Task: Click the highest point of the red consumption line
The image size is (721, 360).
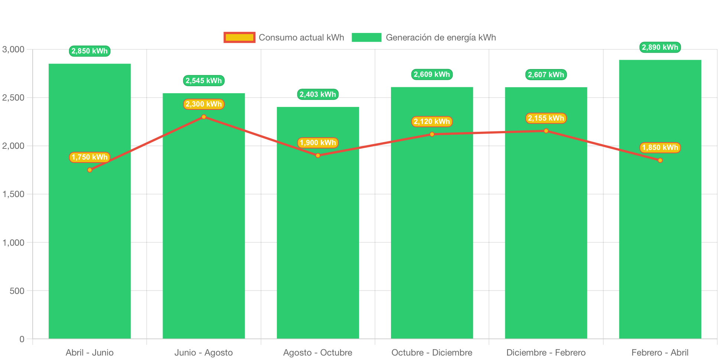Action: click(x=204, y=117)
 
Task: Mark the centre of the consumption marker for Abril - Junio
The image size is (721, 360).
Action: click(x=89, y=170)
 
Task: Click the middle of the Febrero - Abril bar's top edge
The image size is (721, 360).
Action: click(x=660, y=60)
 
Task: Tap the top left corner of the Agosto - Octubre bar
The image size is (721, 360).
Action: click(x=277, y=107)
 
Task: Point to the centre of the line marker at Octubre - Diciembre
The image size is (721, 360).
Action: click(x=432, y=134)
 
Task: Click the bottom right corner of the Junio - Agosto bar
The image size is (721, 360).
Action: click(x=245, y=339)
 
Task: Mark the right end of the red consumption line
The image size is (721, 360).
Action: click(x=660, y=160)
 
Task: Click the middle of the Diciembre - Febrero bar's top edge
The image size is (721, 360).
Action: click(x=546, y=88)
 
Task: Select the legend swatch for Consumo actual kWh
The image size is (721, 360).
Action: click(x=239, y=37)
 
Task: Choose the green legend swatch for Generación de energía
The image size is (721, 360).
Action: click(x=366, y=37)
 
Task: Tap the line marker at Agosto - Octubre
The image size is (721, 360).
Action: click(x=318, y=156)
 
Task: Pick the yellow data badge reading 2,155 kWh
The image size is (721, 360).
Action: click(x=546, y=118)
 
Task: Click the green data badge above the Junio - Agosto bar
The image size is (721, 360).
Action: click(x=204, y=81)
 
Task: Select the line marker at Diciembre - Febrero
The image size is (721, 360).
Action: click(x=546, y=131)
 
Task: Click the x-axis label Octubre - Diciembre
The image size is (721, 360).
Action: click(x=432, y=353)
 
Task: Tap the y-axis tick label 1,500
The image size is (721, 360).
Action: click(x=13, y=194)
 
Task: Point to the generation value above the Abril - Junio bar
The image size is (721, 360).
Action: click(x=89, y=51)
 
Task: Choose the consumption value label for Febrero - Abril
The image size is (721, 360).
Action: click(x=660, y=148)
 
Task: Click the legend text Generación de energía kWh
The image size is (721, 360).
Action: click(x=441, y=37)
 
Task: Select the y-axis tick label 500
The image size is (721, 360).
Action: click(x=17, y=291)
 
